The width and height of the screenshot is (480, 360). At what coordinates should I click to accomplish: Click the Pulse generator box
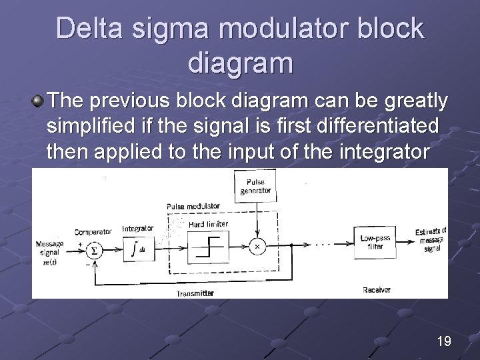[255, 185]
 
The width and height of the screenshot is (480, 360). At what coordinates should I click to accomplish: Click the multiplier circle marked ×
[257, 247]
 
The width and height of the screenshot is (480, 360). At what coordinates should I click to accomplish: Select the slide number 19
[443, 341]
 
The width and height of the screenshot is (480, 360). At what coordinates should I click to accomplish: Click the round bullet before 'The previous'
[38, 101]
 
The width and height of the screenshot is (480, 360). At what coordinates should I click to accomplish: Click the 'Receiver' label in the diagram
[377, 290]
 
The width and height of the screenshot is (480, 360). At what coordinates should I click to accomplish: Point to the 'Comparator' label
[93, 232]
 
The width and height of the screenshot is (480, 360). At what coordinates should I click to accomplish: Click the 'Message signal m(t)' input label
[50, 252]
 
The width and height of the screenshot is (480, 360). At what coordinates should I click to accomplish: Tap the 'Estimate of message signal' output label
[431, 240]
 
